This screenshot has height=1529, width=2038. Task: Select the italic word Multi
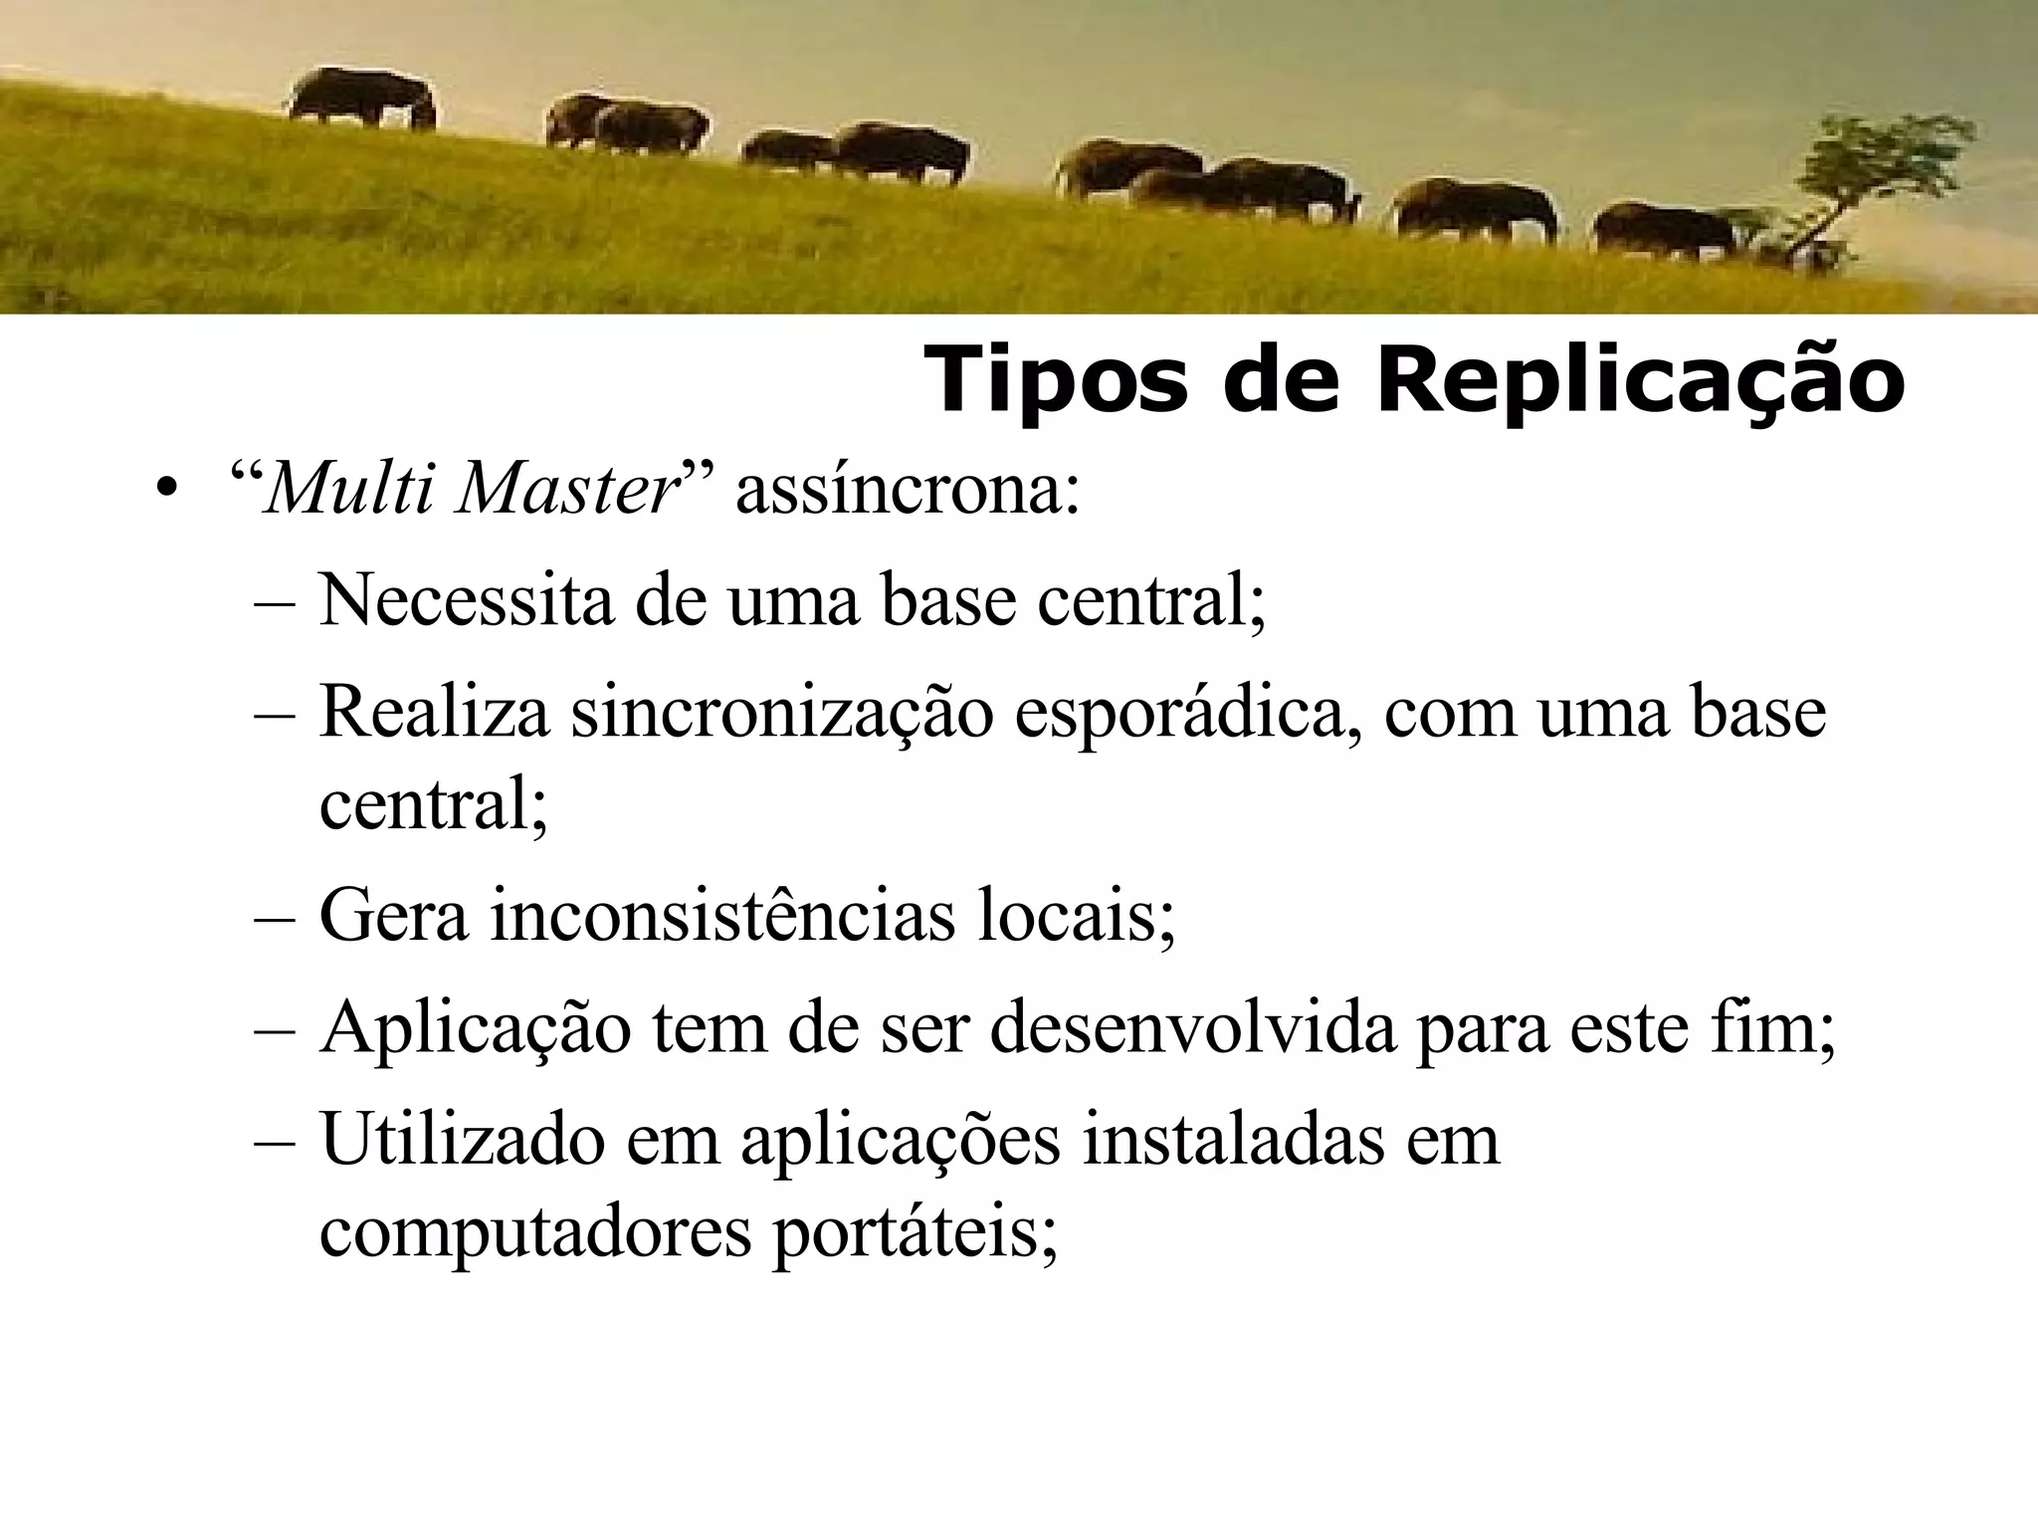[x=348, y=491]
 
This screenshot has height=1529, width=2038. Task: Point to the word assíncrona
[x=907, y=491]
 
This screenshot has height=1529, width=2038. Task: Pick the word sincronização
[x=782, y=714]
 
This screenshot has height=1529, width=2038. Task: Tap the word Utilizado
[x=462, y=1140]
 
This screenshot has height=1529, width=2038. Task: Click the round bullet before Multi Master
[x=167, y=491]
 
